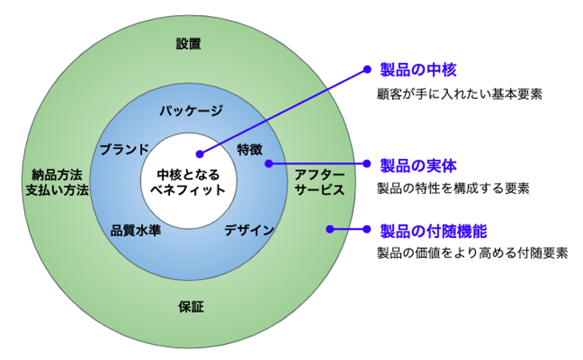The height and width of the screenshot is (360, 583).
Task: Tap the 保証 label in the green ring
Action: click(x=188, y=307)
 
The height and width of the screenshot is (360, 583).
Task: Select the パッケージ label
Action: click(x=189, y=110)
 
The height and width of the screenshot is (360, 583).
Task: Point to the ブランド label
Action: click(x=123, y=149)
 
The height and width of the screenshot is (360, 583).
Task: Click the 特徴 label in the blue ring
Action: click(x=250, y=149)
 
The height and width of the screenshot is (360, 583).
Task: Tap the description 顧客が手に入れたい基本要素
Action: click(x=459, y=93)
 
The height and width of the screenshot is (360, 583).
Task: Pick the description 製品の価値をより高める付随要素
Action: click(x=472, y=254)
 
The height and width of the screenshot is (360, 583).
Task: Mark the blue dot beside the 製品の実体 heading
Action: click(x=367, y=164)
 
